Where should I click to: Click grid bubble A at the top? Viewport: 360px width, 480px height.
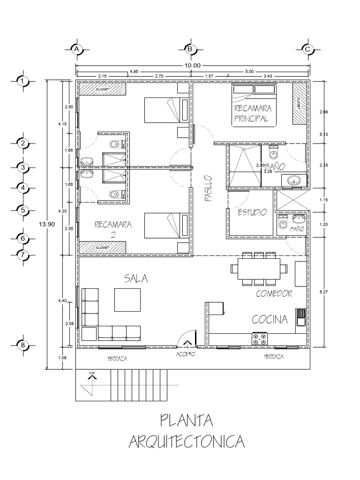point(76,49)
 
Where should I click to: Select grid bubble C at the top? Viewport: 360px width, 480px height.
point(307,49)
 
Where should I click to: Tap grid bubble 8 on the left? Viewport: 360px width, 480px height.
point(22,345)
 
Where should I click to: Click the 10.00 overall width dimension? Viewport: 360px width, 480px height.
point(192,66)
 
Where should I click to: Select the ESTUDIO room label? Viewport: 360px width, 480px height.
point(252,212)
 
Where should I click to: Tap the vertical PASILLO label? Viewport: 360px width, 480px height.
point(208,188)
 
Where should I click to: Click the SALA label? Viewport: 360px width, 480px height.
point(136,278)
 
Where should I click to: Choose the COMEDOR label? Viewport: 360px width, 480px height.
point(274,294)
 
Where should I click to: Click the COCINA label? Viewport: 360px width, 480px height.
point(270,320)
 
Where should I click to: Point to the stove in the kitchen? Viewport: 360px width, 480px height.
point(260,339)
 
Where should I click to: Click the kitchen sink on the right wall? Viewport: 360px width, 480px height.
point(300,317)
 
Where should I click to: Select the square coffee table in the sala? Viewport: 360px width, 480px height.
point(127,300)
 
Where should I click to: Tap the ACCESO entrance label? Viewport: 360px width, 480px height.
point(186,354)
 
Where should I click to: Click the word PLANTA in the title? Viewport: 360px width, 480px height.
point(187,420)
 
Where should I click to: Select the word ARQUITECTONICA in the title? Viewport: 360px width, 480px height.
point(187,442)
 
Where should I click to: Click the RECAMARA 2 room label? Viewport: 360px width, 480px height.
point(113,228)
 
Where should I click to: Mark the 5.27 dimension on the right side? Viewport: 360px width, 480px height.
point(323,292)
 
